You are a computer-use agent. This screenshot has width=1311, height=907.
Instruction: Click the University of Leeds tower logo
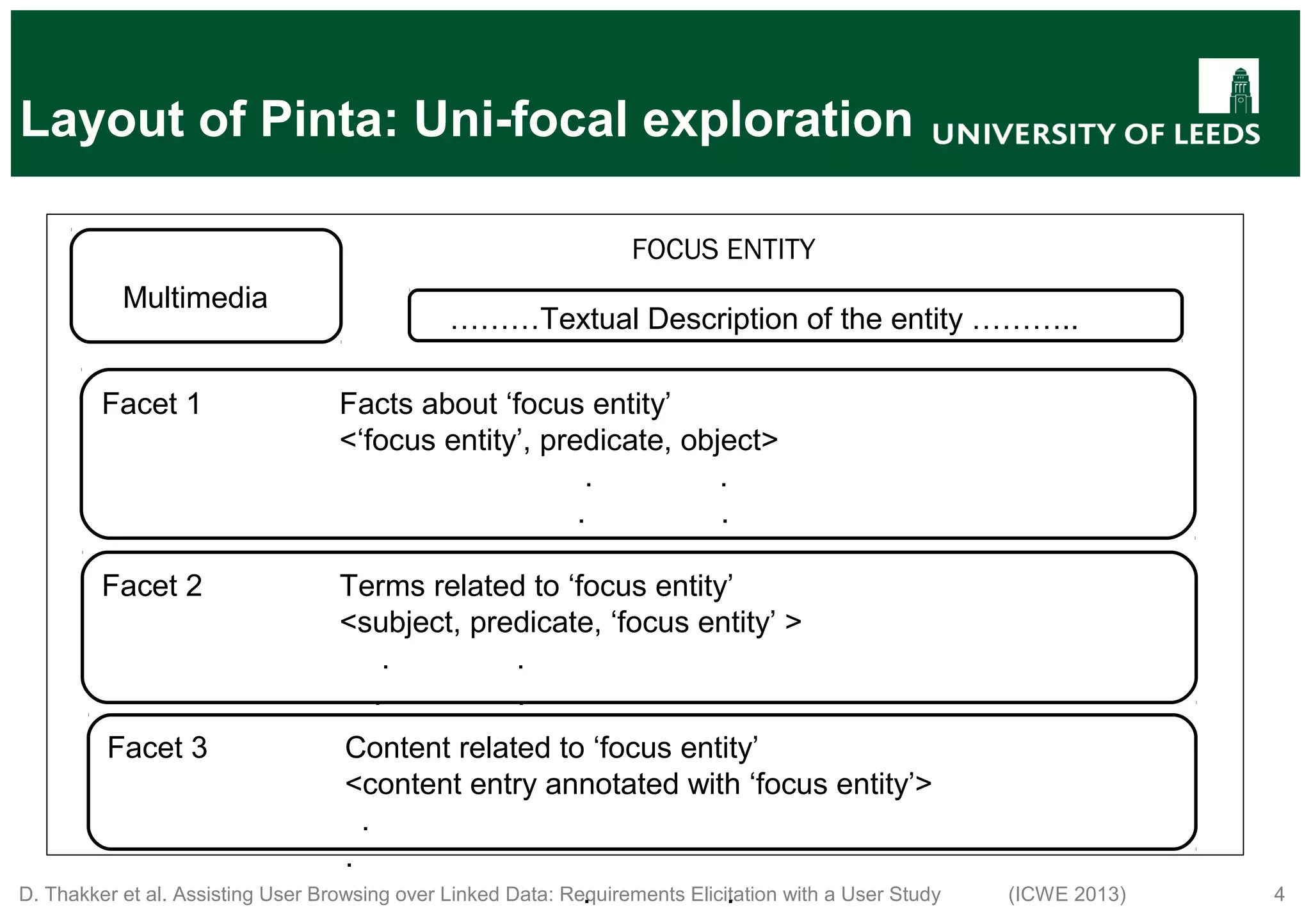pyautogui.click(x=1228, y=86)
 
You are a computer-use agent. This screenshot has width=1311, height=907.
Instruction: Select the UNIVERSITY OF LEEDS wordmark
pyautogui.click(x=1096, y=134)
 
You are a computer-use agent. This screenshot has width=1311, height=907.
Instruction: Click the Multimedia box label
pyautogui.click(x=195, y=298)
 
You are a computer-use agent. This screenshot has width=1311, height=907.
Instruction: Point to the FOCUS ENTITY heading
pyautogui.click(x=723, y=249)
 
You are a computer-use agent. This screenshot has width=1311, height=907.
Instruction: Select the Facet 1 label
pyautogui.click(x=152, y=404)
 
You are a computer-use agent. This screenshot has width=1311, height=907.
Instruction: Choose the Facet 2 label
pyautogui.click(x=152, y=586)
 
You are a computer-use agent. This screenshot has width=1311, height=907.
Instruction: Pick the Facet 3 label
pyautogui.click(x=157, y=748)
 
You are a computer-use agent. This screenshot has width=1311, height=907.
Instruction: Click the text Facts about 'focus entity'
pyautogui.click(x=504, y=404)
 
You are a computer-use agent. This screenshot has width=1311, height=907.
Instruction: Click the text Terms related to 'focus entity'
pyautogui.click(x=536, y=586)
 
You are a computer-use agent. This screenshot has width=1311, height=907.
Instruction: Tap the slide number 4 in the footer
pyautogui.click(x=1280, y=894)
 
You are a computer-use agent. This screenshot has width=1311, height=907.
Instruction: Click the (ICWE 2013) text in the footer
pyautogui.click(x=1067, y=894)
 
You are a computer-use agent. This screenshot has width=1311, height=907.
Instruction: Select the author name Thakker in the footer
pyautogui.click(x=82, y=894)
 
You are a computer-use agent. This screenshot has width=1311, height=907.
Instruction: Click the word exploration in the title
pyautogui.click(x=777, y=120)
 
